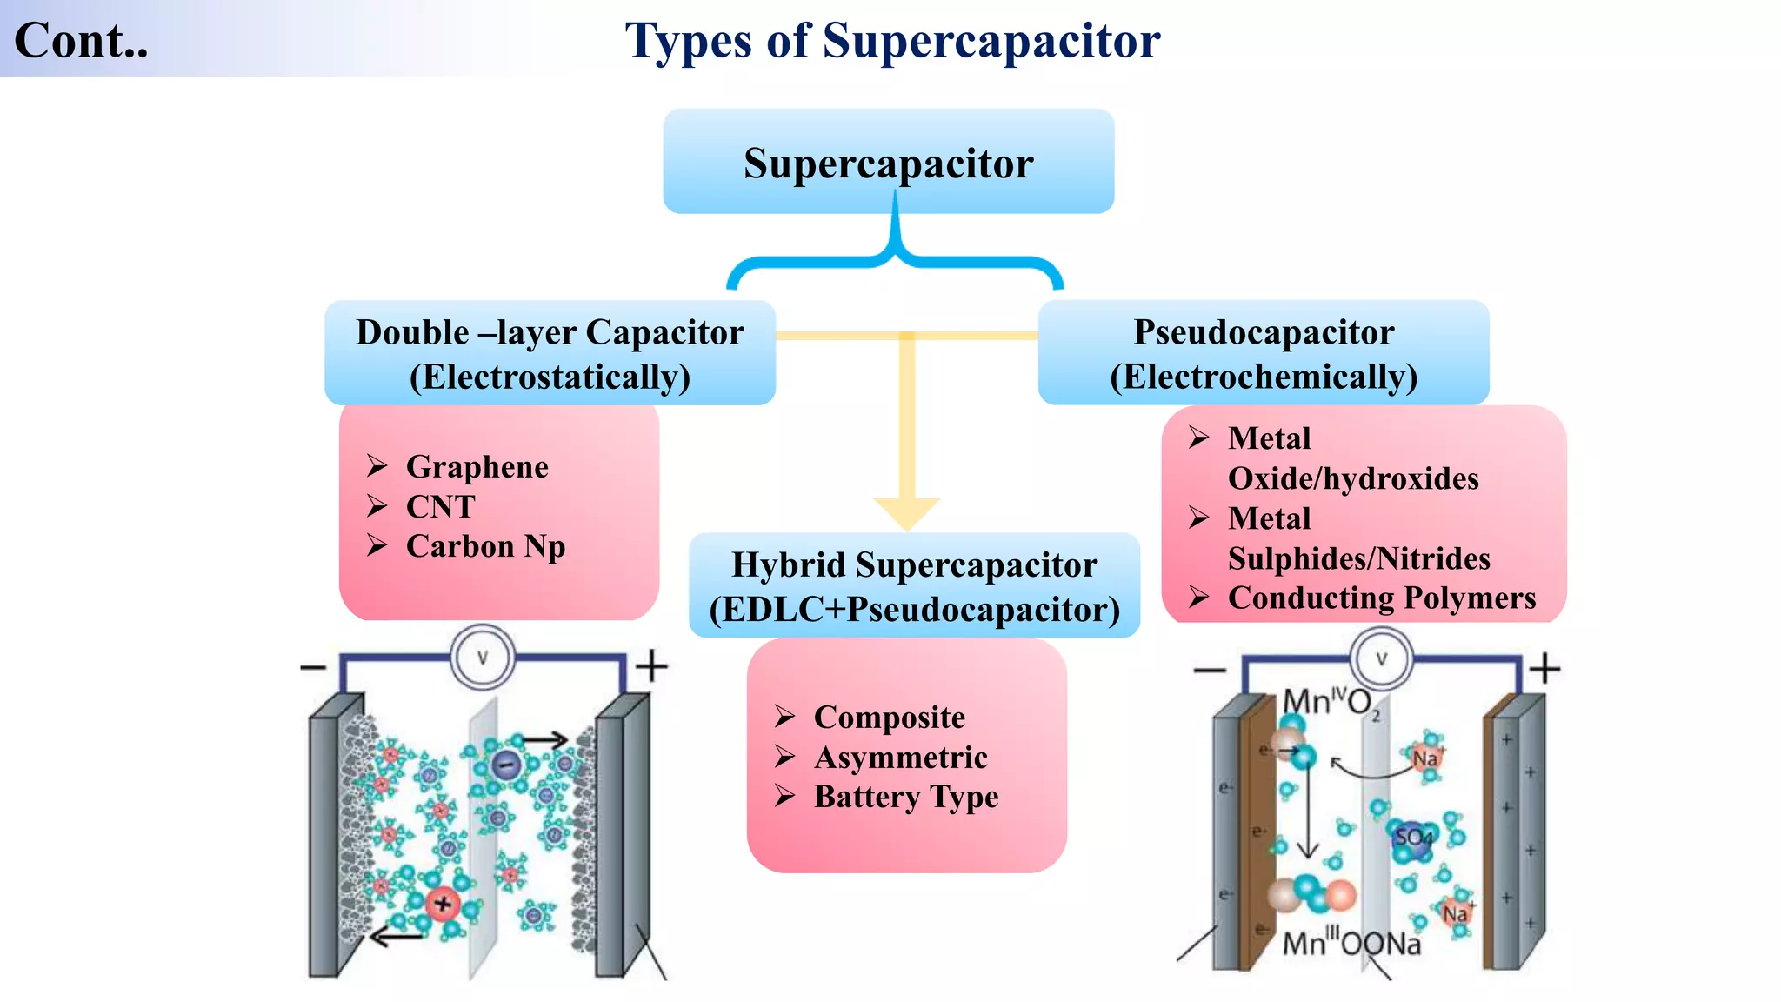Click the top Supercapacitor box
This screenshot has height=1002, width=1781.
coord(889,161)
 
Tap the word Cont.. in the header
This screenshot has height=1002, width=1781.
coord(82,41)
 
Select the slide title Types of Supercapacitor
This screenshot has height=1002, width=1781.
coord(893,41)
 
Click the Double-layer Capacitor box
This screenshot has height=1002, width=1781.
coord(550,352)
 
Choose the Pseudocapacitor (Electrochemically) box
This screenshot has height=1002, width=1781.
coord(1264,352)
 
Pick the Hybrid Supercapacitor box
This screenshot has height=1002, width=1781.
coord(914,585)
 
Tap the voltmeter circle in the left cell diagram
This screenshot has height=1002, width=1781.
coord(483,658)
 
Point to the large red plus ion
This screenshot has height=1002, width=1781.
coord(443,904)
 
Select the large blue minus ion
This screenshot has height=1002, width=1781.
coord(505,765)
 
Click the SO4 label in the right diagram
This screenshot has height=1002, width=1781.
coord(1413,838)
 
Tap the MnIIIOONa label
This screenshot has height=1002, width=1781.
coord(1351,943)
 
